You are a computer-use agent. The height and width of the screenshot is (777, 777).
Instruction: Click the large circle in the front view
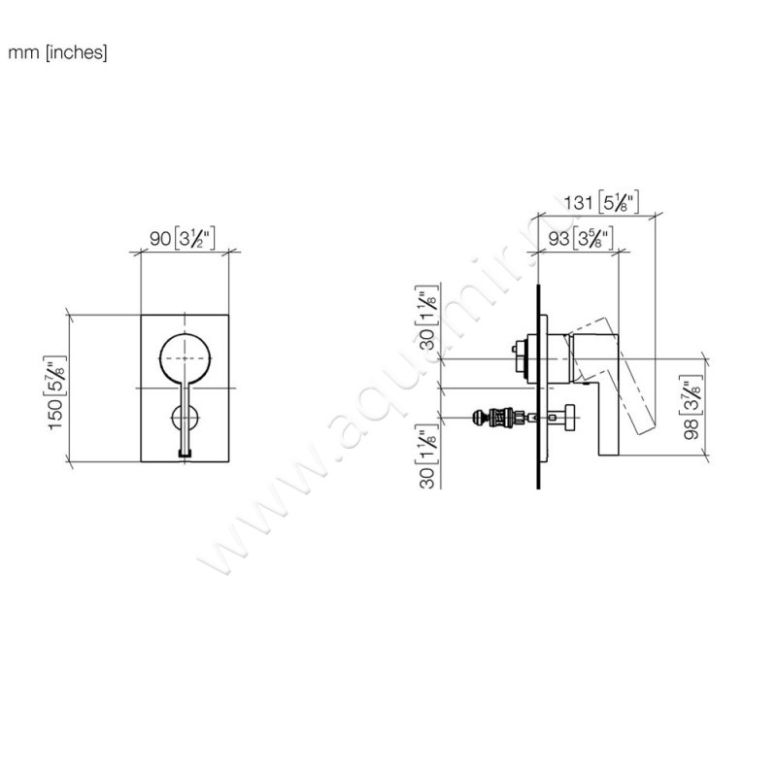[x=186, y=358]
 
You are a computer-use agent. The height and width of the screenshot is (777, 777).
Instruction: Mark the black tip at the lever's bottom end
[x=186, y=451]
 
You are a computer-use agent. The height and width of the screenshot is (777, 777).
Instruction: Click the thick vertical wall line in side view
[x=537, y=388]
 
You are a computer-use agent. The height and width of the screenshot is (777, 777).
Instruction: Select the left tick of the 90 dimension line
[x=142, y=254]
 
